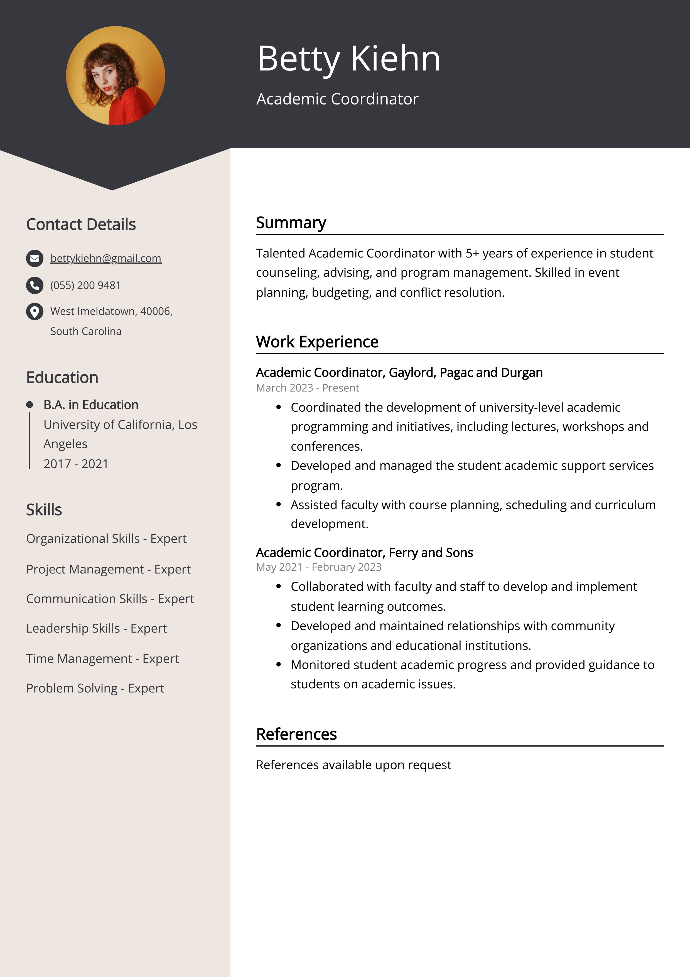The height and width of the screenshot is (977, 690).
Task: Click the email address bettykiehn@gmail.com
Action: point(105,258)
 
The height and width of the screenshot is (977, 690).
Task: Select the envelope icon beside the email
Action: point(35,258)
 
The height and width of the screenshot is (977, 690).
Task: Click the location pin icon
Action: point(35,312)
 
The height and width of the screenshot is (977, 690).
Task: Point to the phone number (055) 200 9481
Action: point(85,286)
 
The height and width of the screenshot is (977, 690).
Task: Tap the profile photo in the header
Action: point(116,76)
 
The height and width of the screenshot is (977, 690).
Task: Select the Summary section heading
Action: point(291,223)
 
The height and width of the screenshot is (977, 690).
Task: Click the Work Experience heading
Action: point(317,342)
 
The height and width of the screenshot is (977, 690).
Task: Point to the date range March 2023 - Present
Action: point(307,388)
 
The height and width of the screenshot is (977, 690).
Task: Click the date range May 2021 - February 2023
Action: point(318,567)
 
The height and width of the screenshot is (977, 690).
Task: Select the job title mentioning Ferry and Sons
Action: point(364,553)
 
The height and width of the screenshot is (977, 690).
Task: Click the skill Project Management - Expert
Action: point(108,569)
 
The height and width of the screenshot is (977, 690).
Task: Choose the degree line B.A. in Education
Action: point(91,405)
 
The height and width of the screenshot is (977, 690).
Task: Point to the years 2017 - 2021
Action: point(76,464)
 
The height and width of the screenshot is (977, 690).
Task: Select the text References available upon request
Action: point(353,765)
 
